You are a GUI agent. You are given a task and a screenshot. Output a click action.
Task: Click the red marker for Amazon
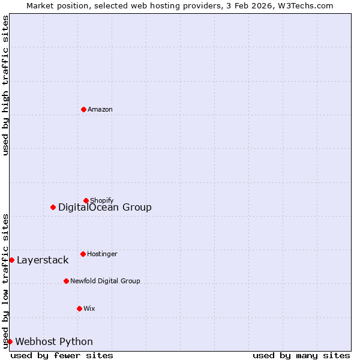pos(83,109)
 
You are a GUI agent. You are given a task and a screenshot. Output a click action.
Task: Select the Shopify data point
pos(86,200)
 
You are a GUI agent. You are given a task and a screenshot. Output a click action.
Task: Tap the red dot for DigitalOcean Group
pos(53,207)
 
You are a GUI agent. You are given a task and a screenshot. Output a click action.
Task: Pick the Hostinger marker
pos(83,254)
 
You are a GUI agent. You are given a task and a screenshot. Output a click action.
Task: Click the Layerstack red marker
pos(11,260)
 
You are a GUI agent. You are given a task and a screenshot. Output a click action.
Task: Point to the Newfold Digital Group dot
pos(66,281)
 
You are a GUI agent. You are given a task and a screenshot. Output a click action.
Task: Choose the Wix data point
pos(79,308)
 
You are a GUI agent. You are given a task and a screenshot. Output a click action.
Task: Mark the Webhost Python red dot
pos(10,341)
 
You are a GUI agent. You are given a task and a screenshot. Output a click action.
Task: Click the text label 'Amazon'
pos(100,109)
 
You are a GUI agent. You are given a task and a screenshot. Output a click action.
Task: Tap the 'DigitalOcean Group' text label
pos(105,208)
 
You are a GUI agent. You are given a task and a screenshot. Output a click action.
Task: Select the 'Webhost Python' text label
pos(54,342)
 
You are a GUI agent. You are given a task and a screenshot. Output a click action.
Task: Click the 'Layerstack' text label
pos(43,260)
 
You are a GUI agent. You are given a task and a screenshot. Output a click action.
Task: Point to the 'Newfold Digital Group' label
pos(105,281)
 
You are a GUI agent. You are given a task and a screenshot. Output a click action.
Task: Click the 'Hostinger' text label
pos(102,254)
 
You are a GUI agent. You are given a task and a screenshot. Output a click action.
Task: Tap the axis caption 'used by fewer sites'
pos(62,355)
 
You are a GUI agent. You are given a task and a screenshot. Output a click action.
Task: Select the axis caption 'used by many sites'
pos(301,355)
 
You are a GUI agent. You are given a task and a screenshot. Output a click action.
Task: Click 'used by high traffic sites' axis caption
pos(5,85)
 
